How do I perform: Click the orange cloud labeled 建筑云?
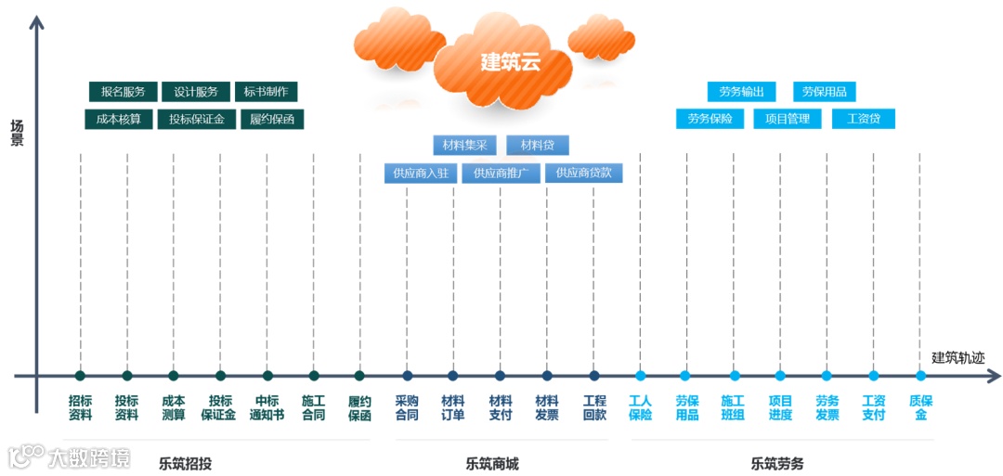click(510, 62)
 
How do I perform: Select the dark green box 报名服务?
click(124, 92)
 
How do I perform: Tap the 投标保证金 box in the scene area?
click(197, 120)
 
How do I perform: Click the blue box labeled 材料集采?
click(465, 146)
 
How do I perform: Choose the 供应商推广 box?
click(501, 174)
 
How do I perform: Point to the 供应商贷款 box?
click(584, 174)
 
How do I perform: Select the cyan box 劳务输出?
click(741, 92)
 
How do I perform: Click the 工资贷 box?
click(864, 119)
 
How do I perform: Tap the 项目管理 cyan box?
click(788, 119)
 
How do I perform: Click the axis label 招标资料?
click(81, 408)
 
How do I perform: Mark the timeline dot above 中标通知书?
click(267, 376)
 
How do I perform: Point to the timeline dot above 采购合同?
click(407, 376)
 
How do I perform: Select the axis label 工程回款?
click(594, 408)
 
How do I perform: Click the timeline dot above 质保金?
click(920, 376)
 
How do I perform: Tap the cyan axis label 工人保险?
click(641, 408)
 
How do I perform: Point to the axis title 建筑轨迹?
click(957, 357)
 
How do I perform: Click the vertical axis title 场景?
click(17, 134)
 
